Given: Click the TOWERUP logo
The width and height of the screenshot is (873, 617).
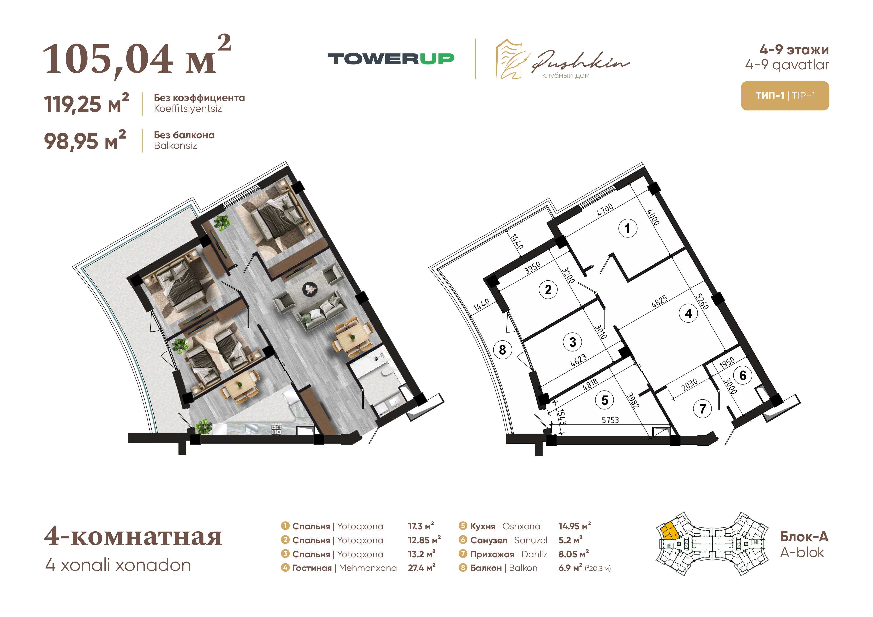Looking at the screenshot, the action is pos(391,59).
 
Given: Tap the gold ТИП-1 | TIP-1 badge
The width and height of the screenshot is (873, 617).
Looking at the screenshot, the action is pos(785,96).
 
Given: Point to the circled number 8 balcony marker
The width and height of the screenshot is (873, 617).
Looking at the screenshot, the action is pos(502,349).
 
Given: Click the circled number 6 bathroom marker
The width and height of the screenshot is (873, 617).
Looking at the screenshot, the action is pos(743,375).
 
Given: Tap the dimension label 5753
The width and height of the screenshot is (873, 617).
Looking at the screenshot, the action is pos(610,420).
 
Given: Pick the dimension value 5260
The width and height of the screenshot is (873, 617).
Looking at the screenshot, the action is pos(702,301).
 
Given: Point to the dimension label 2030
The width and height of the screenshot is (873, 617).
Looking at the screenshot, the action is pos(689,384).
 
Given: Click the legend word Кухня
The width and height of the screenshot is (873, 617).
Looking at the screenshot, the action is pos(483,526).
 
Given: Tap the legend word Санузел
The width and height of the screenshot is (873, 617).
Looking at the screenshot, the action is pos(489,540).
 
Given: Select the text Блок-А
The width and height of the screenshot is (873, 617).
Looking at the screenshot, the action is pos(804,537).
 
